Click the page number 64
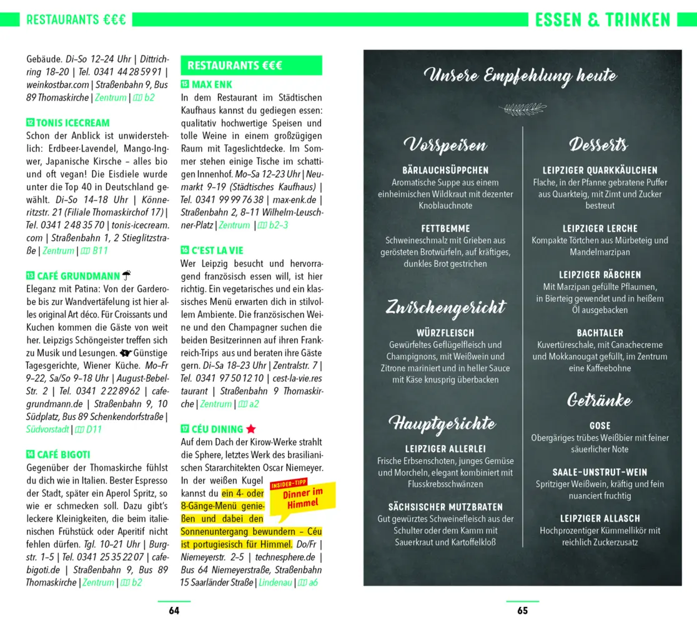[x=174, y=611]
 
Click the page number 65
[x=522, y=611]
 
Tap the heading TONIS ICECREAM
[x=72, y=123]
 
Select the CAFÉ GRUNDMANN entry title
[x=78, y=276]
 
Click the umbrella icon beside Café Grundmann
[x=126, y=275]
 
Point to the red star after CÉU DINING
[x=250, y=429]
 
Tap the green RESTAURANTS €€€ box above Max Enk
[x=251, y=66]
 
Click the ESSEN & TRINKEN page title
[x=603, y=20]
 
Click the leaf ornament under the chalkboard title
[x=522, y=109]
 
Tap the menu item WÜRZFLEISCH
[x=445, y=333]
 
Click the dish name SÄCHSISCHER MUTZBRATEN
[x=445, y=507]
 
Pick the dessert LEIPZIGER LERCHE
[x=600, y=229]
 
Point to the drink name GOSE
[x=600, y=426]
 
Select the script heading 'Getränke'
[x=600, y=400]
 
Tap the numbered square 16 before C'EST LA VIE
[x=185, y=250]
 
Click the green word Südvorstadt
[x=47, y=429]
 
